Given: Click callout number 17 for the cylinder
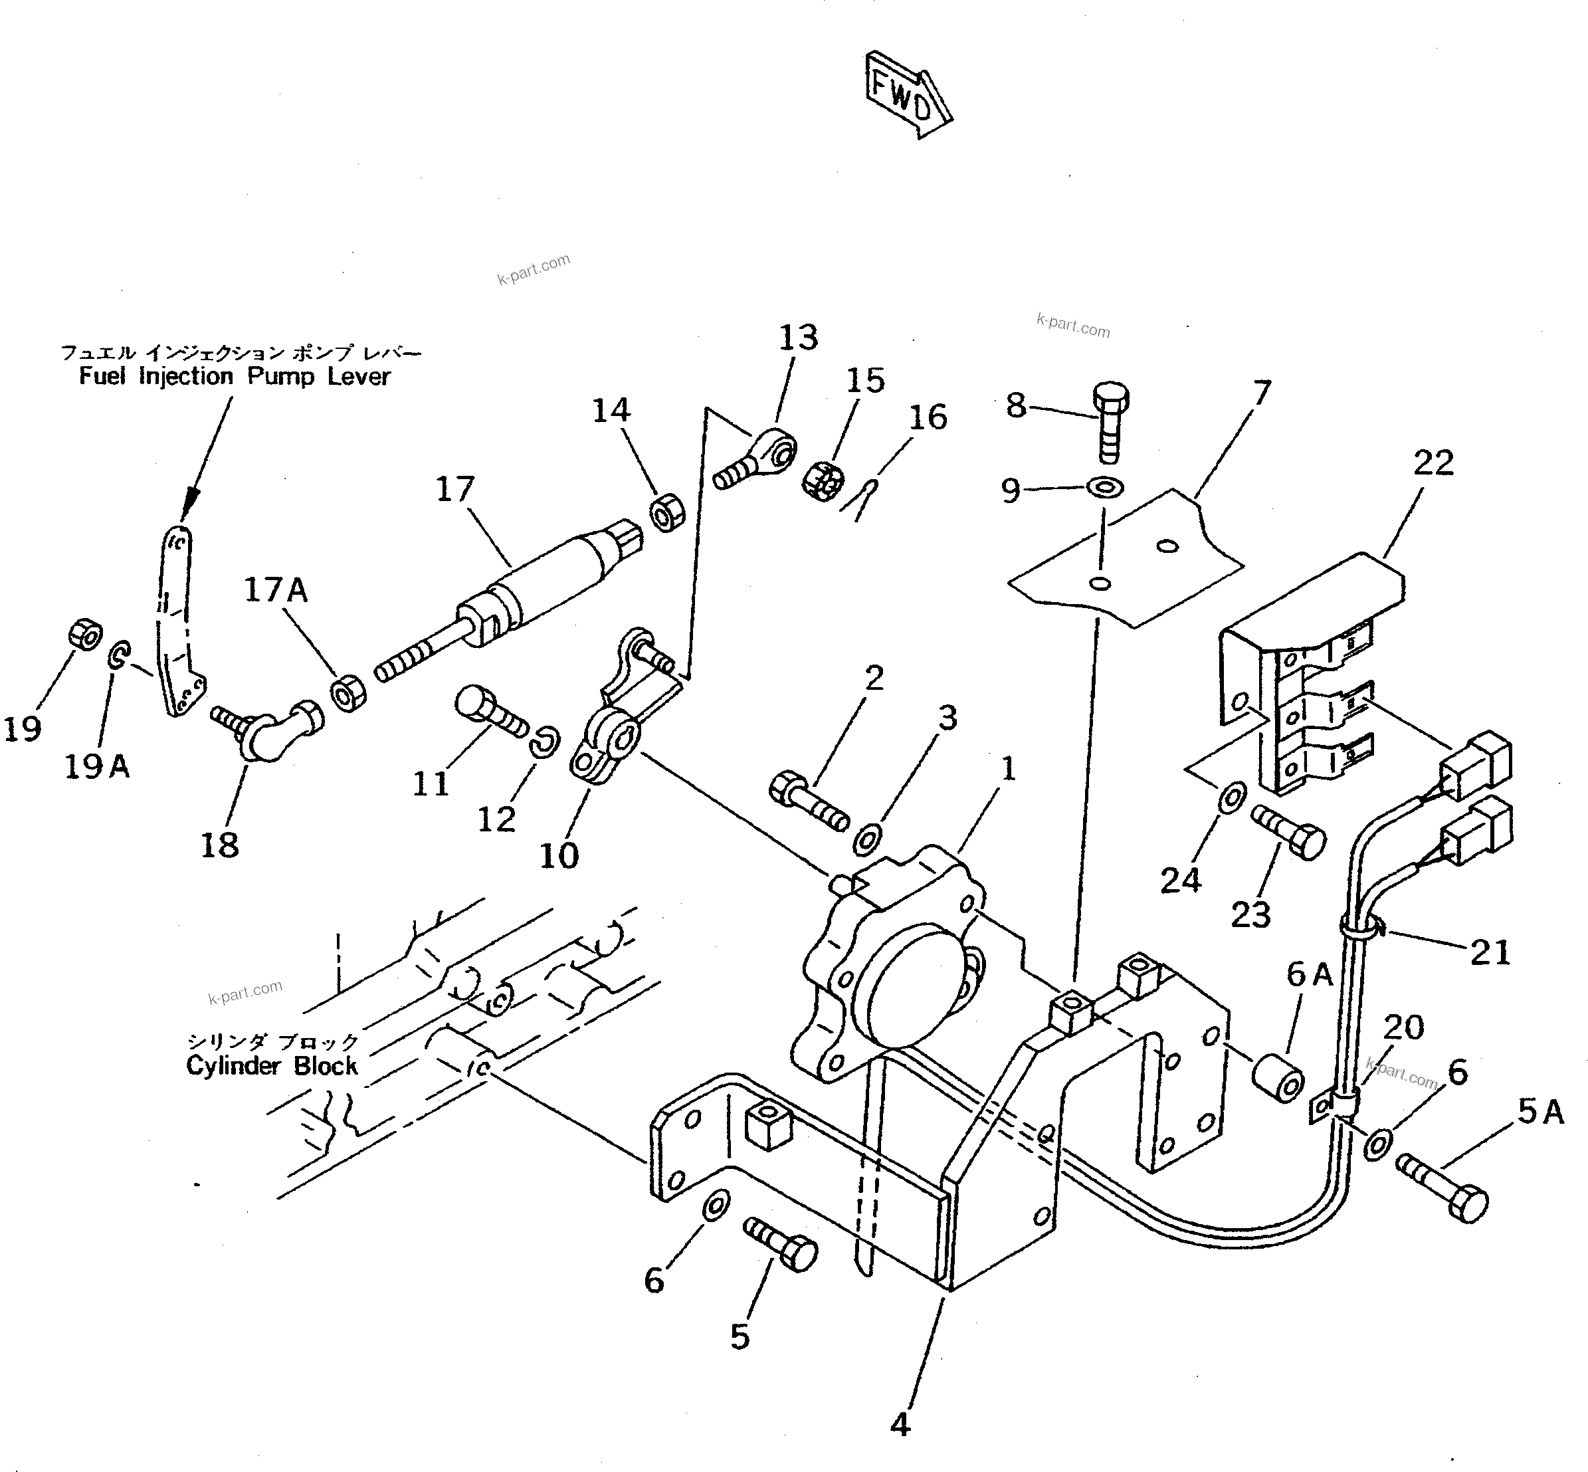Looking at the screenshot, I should [x=454, y=489].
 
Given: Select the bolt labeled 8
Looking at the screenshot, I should [x=1110, y=422].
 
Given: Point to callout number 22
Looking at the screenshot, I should [x=1433, y=463].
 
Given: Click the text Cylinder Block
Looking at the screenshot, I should [x=272, y=1066].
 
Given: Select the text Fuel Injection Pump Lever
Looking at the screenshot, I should [x=235, y=377].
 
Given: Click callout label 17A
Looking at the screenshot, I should [x=276, y=590].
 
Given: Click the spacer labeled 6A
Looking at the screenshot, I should [x=1278, y=1079].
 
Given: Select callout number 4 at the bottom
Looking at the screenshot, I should [x=900, y=1424].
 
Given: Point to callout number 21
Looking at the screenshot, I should [x=1489, y=953].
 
